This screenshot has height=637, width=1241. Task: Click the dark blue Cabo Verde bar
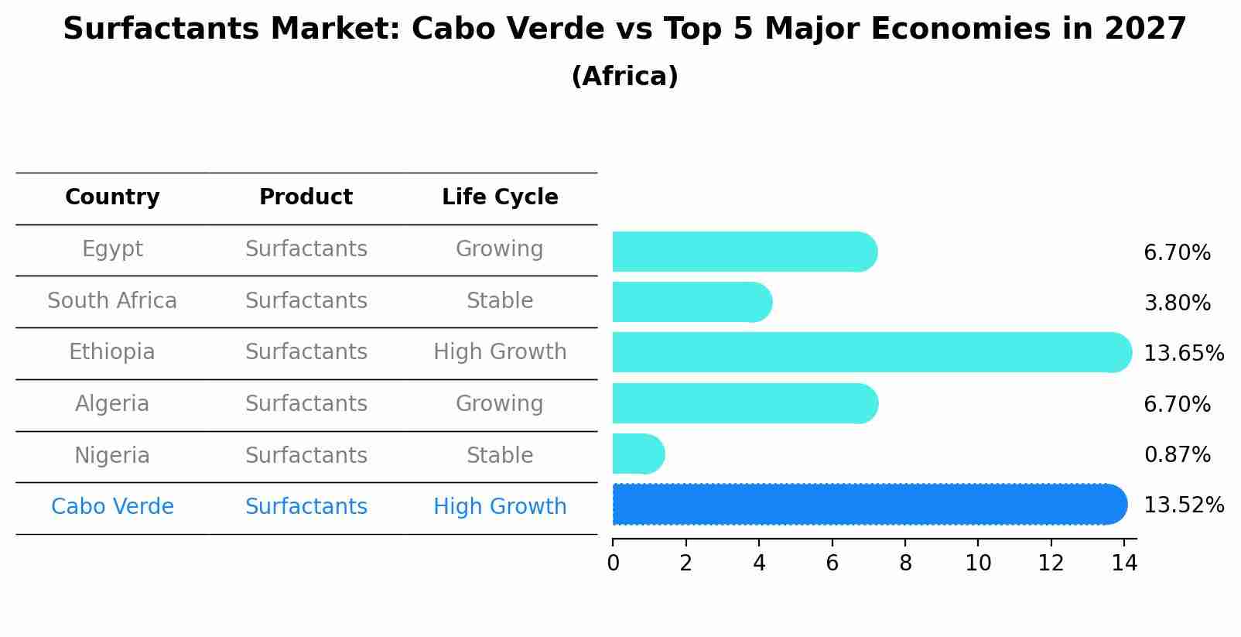[x=867, y=505]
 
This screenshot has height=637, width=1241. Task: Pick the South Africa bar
[x=691, y=302]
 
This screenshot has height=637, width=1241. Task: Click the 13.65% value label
[x=1183, y=354]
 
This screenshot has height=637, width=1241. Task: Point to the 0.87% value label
[x=1177, y=455]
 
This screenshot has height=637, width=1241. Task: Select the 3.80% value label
[x=1177, y=303]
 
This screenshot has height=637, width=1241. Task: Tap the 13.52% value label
[x=1183, y=505]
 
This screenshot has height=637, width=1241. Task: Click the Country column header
[x=112, y=197]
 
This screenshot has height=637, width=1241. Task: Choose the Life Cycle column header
[x=500, y=197]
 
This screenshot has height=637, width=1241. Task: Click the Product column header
[x=306, y=197]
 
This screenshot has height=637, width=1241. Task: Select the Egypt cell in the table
[x=112, y=249]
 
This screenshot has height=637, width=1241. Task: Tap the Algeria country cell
[x=112, y=404]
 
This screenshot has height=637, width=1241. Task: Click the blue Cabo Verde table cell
[x=112, y=507]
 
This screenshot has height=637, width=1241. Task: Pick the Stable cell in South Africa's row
[x=500, y=301]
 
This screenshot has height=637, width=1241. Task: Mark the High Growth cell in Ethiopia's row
[x=500, y=352]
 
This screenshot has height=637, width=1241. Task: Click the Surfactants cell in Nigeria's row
[x=306, y=456]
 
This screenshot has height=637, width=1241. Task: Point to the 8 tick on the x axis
[x=905, y=563]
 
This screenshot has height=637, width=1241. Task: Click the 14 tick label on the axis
[x=1124, y=563]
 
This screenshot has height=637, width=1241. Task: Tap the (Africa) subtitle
[x=624, y=77]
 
